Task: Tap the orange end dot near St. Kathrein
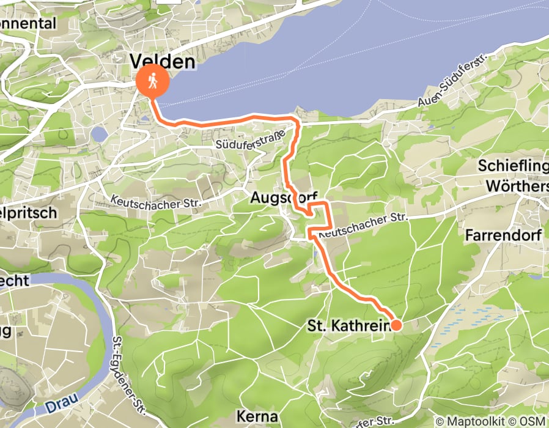396,325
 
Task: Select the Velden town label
162,61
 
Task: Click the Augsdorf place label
284,197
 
